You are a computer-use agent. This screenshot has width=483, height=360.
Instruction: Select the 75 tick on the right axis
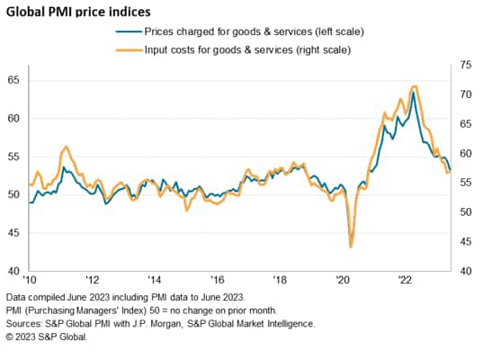click(x=465, y=65)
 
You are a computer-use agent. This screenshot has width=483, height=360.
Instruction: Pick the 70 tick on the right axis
click(x=465, y=94)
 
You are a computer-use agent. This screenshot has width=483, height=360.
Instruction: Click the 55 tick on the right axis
click(x=465, y=183)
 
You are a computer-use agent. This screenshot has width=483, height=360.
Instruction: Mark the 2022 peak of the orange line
click(x=413, y=86)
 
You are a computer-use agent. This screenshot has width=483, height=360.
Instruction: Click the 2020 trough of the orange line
click(x=350, y=247)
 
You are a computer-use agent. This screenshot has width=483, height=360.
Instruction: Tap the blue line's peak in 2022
click(x=413, y=93)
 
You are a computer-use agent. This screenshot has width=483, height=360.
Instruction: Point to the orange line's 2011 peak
click(x=65, y=146)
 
